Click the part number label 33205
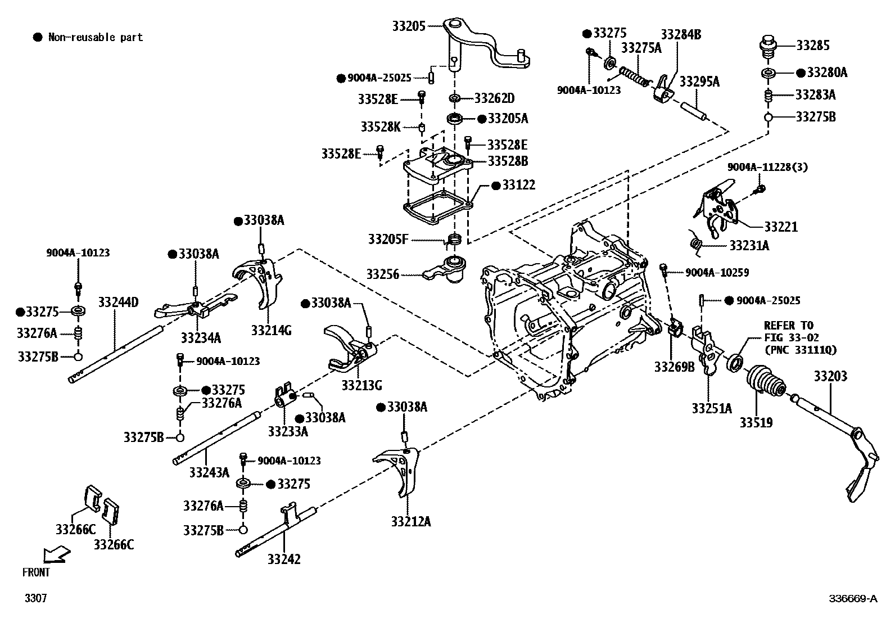[410, 26]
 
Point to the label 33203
[830, 376]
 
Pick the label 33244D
[118, 303]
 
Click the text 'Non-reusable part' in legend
[95, 38]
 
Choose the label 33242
[283, 559]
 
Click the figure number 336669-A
[852, 598]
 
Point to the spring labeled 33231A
[697, 243]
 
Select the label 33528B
[508, 161]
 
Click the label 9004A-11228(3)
[767, 167]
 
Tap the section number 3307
[35, 598]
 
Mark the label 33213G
[361, 386]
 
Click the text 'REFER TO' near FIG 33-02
[788, 326]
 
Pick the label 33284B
[681, 34]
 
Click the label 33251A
[712, 408]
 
